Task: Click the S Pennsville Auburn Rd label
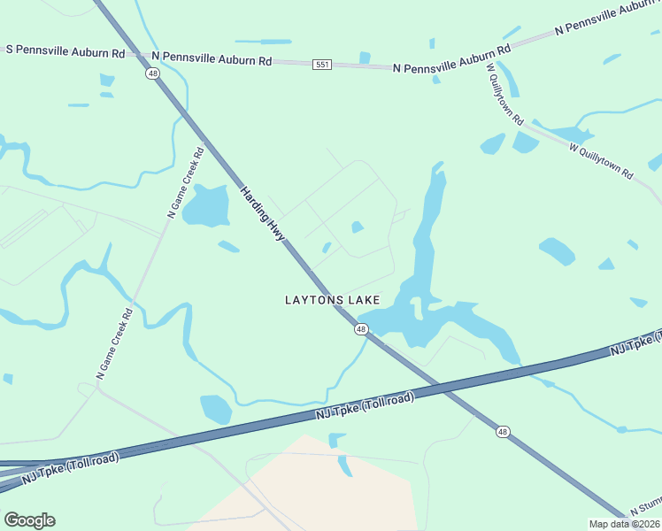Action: (65, 52)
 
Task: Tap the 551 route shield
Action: (322, 65)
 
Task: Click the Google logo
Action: (29, 520)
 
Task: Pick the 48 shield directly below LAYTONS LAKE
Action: (361, 329)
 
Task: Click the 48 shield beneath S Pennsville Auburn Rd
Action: (153, 74)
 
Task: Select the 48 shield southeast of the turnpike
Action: (503, 431)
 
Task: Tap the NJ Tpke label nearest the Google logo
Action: (69, 465)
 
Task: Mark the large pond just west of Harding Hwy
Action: (204, 205)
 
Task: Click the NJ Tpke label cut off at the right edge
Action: (635, 342)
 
